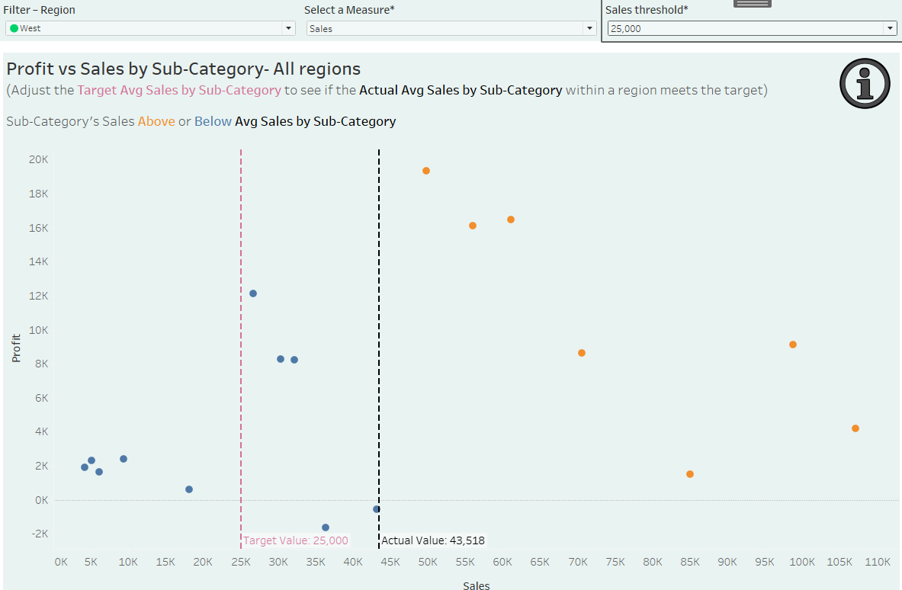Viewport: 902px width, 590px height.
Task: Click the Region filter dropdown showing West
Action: (x=149, y=28)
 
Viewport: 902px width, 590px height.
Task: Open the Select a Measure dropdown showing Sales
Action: (x=451, y=28)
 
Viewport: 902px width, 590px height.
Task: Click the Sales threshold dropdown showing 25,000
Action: (x=751, y=28)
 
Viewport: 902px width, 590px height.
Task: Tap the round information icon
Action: (x=865, y=83)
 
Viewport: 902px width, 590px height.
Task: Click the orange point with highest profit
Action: (x=426, y=171)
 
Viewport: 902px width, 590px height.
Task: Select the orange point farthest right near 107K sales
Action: (x=855, y=428)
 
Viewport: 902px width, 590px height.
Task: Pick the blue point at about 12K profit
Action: (x=253, y=293)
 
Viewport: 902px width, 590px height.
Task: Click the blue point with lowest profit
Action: (x=326, y=527)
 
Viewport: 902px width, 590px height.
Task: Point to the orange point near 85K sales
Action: (x=690, y=474)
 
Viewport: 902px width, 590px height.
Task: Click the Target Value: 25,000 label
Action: (x=296, y=540)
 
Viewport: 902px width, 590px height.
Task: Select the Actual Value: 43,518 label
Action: (x=433, y=540)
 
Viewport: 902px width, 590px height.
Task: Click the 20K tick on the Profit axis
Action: (x=39, y=159)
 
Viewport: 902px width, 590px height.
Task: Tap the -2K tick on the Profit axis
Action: (x=39, y=534)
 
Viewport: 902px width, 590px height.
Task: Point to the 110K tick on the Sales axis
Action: (x=878, y=562)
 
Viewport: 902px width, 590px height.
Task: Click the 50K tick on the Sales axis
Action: (x=428, y=562)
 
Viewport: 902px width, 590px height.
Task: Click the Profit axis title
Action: (x=16, y=348)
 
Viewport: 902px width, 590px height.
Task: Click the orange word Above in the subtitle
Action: (x=156, y=121)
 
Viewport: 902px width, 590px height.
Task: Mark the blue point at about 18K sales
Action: (x=189, y=489)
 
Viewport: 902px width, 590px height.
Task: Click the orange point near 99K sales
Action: (x=793, y=345)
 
